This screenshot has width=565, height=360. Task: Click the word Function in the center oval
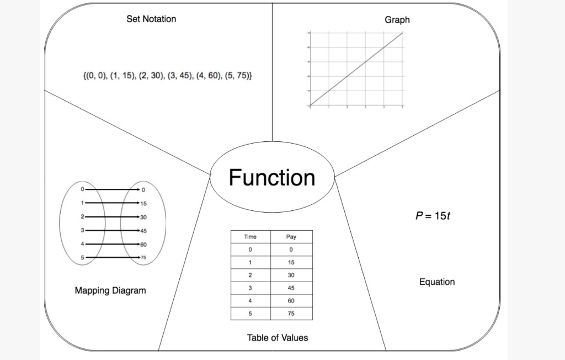click(x=272, y=178)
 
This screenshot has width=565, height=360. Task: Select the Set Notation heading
click(x=151, y=19)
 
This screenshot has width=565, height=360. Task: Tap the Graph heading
click(x=397, y=20)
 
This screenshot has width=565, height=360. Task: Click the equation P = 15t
click(x=433, y=215)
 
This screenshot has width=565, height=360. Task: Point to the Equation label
click(x=437, y=282)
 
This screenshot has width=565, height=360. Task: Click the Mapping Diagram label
click(x=110, y=290)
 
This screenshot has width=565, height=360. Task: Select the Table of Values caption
click(x=277, y=337)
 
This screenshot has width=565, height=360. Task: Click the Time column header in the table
click(x=250, y=237)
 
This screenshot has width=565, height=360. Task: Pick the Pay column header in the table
click(x=291, y=237)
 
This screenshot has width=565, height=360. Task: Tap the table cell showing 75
click(x=291, y=314)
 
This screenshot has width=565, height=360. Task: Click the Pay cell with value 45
click(x=291, y=288)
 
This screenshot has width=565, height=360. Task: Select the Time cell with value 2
click(x=250, y=275)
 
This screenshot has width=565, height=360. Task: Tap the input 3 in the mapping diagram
click(x=83, y=230)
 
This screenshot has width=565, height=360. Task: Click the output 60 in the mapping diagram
click(x=143, y=244)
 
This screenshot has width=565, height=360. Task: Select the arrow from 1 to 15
click(x=110, y=203)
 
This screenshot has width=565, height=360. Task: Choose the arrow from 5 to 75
click(x=110, y=257)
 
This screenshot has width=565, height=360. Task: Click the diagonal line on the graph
click(x=356, y=68)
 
